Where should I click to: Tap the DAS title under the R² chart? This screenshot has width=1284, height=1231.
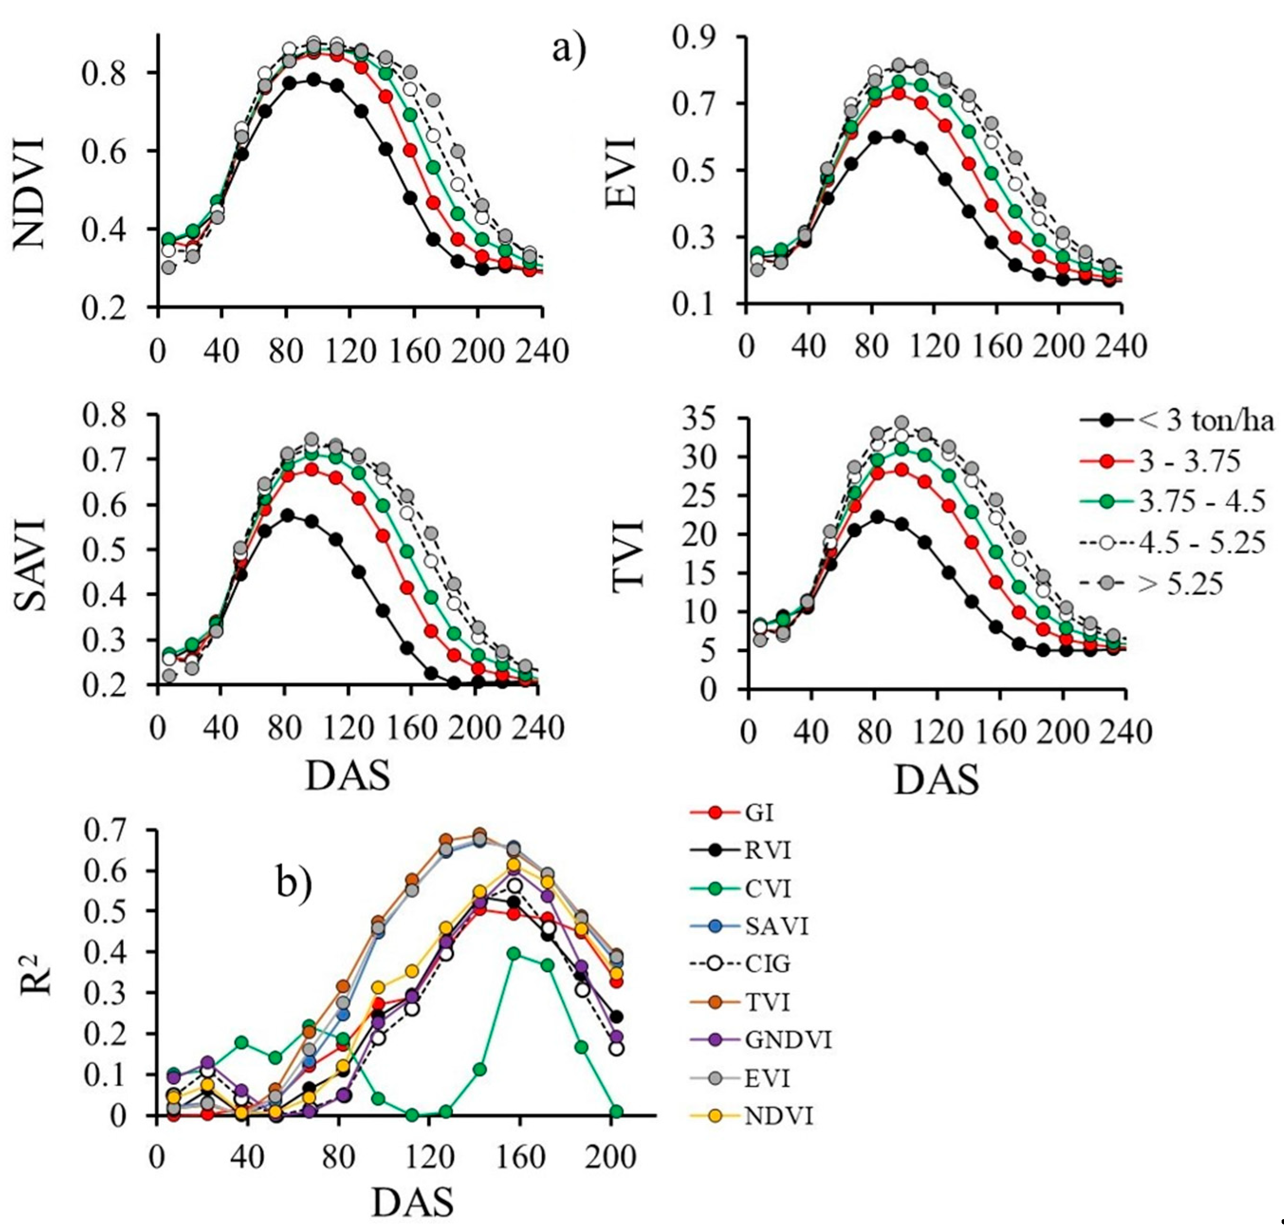pos(413,1201)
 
